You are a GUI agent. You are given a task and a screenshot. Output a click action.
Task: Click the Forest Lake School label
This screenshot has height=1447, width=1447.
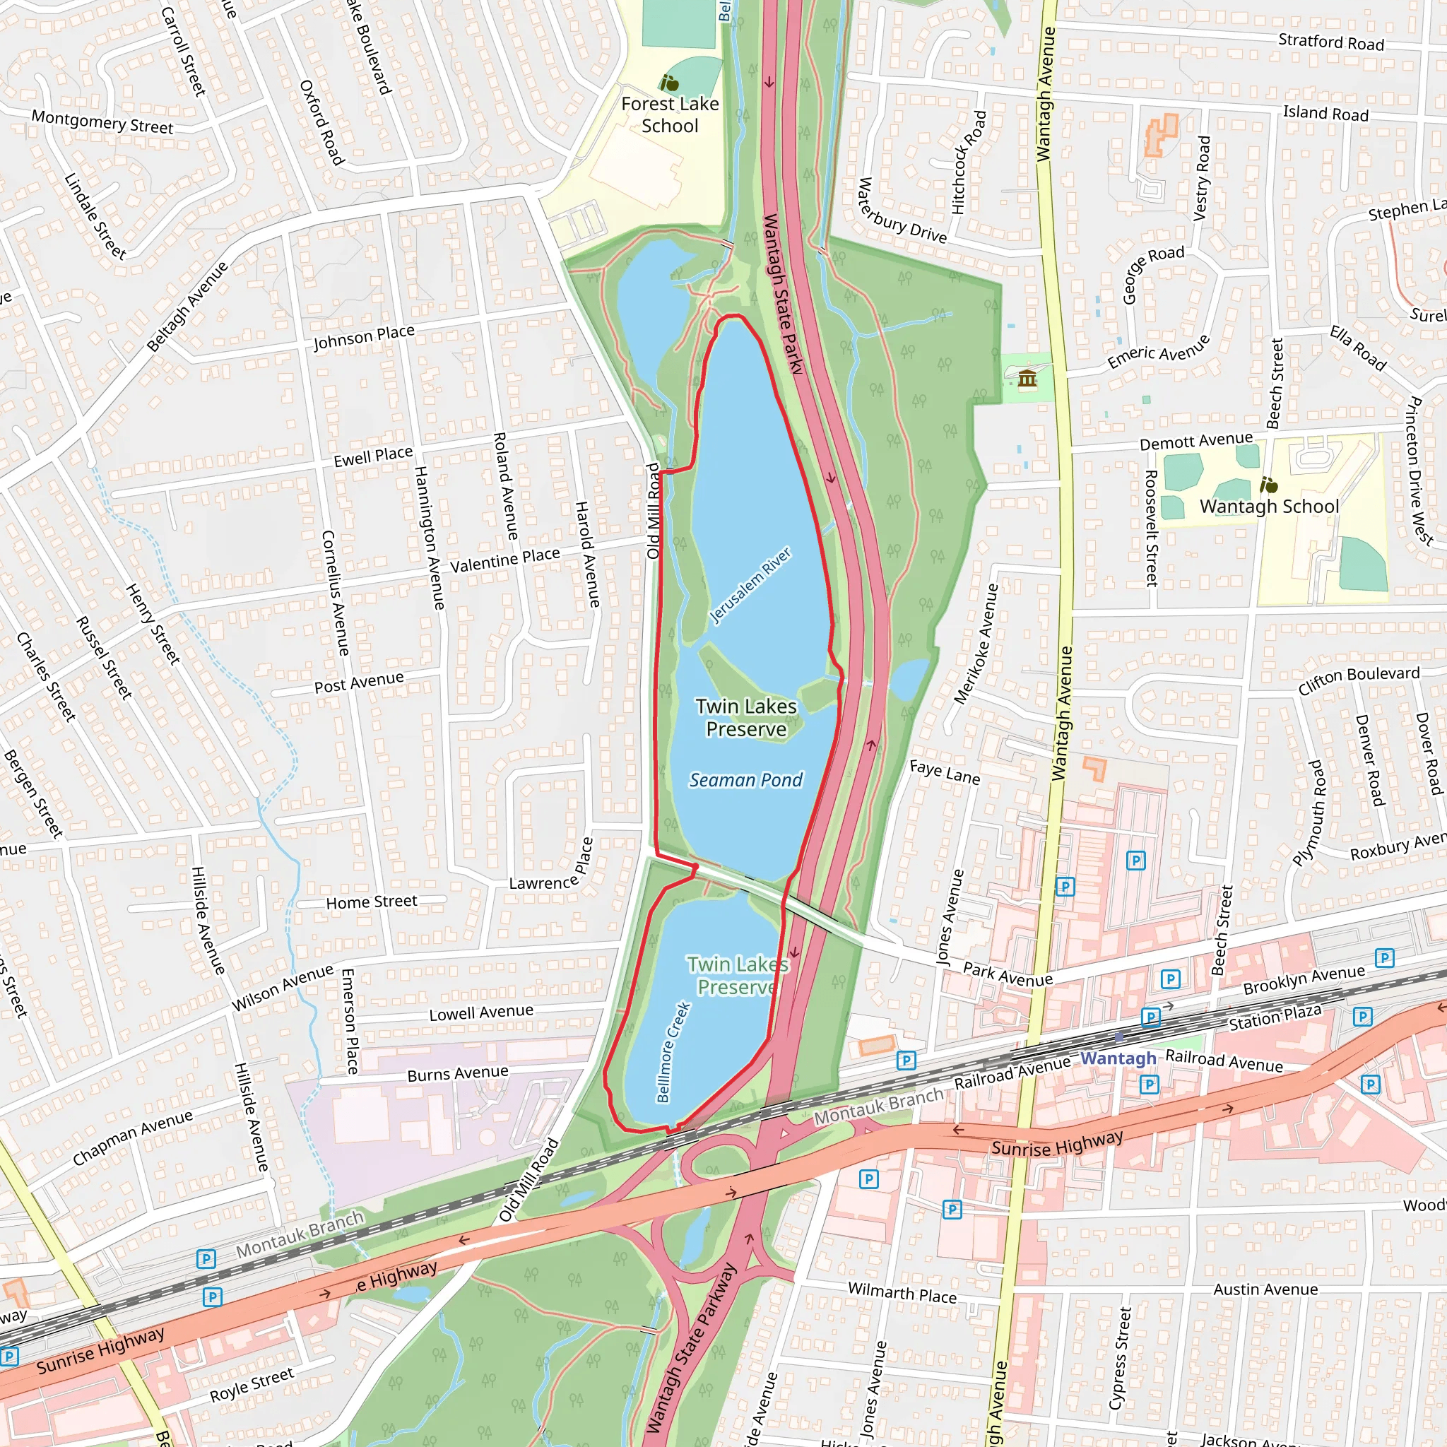(x=670, y=114)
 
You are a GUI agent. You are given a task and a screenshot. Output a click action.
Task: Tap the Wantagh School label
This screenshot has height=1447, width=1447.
(x=1269, y=507)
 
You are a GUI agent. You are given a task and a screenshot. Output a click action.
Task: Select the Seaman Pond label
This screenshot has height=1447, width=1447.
(x=745, y=780)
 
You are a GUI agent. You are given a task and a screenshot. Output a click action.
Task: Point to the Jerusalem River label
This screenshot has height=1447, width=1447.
(x=750, y=585)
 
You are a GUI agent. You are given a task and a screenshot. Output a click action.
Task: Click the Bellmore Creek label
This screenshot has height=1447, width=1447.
(x=673, y=1052)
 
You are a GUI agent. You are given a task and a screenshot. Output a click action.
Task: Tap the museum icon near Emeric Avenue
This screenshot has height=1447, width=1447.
(x=1027, y=379)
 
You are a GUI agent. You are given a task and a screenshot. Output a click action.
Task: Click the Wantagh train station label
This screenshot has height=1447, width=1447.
(x=1118, y=1058)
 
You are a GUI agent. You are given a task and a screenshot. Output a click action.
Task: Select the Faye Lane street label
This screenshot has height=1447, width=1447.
(x=945, y=772)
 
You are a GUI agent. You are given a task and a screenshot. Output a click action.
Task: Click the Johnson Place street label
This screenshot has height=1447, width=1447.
(x=364, y=337)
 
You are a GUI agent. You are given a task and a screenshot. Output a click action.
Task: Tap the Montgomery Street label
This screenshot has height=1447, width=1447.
(x=102, y=122)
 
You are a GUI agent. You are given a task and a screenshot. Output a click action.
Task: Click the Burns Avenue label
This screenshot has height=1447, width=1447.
(x=458, y=1074)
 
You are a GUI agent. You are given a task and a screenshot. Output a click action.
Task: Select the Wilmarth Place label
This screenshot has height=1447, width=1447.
(x=902, y=1293)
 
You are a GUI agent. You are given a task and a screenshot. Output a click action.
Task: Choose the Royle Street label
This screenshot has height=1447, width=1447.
(x=252, y=1385)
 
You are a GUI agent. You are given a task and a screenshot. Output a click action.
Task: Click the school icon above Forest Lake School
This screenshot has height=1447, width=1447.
(x=669, y=83)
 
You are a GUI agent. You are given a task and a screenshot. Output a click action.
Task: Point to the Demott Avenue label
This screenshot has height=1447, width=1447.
(x=1195, y=441)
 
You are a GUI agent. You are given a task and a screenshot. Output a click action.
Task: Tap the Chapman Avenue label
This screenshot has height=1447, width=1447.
(x=133, y=1138)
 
